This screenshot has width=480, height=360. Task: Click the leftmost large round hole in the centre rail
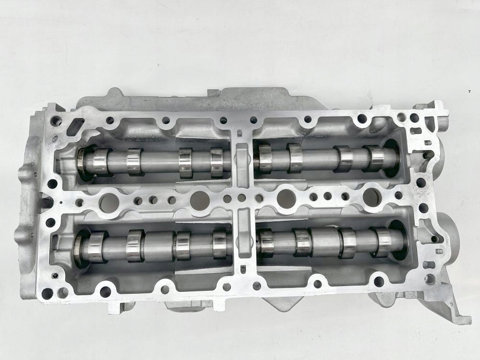(109, 203)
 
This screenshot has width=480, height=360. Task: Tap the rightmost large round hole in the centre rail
(372, 197)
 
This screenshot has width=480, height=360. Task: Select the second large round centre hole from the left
(200, 201)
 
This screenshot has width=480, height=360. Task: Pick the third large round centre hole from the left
(287, 198)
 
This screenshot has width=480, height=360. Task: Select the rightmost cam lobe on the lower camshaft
(383, 242)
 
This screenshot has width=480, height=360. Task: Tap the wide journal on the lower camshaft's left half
(158, 245)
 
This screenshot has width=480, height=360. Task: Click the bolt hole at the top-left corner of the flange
(57, 121)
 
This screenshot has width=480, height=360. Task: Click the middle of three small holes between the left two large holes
(153, 200)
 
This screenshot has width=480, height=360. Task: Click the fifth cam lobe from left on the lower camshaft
(265, 243)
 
